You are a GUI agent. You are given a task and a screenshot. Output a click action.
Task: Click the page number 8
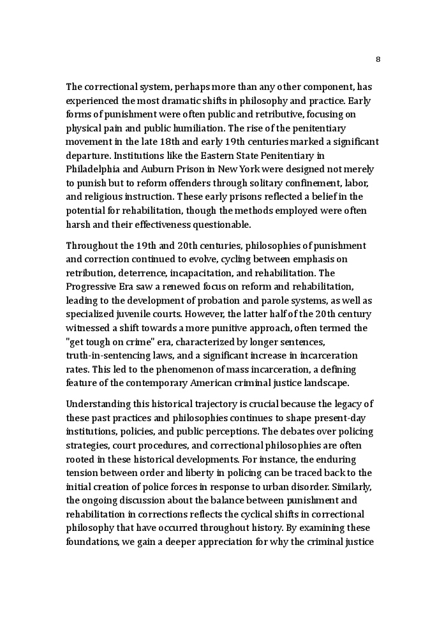tap(378, 59)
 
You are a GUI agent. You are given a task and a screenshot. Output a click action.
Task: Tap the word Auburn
tap(159, 169)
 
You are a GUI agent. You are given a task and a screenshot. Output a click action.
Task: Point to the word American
tap(208, 383)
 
